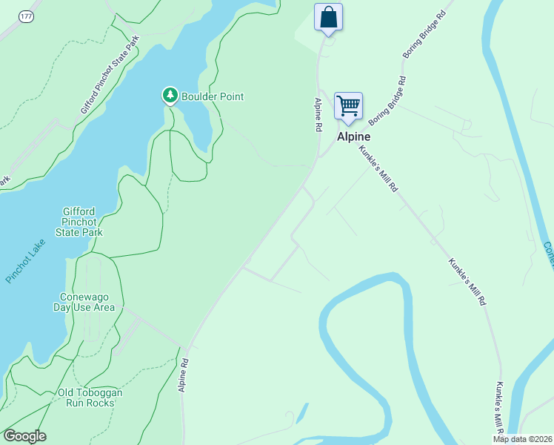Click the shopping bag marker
point(328,17)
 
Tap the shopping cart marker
point(347,105)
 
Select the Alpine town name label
point(353,137)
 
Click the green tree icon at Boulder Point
point(170,96)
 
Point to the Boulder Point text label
point(213,96)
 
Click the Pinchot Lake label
point(25,260)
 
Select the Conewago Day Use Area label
point(87,302)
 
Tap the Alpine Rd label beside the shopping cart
point(318,115)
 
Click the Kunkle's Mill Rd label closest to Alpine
point(379,169)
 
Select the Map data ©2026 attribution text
point(523,439)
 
